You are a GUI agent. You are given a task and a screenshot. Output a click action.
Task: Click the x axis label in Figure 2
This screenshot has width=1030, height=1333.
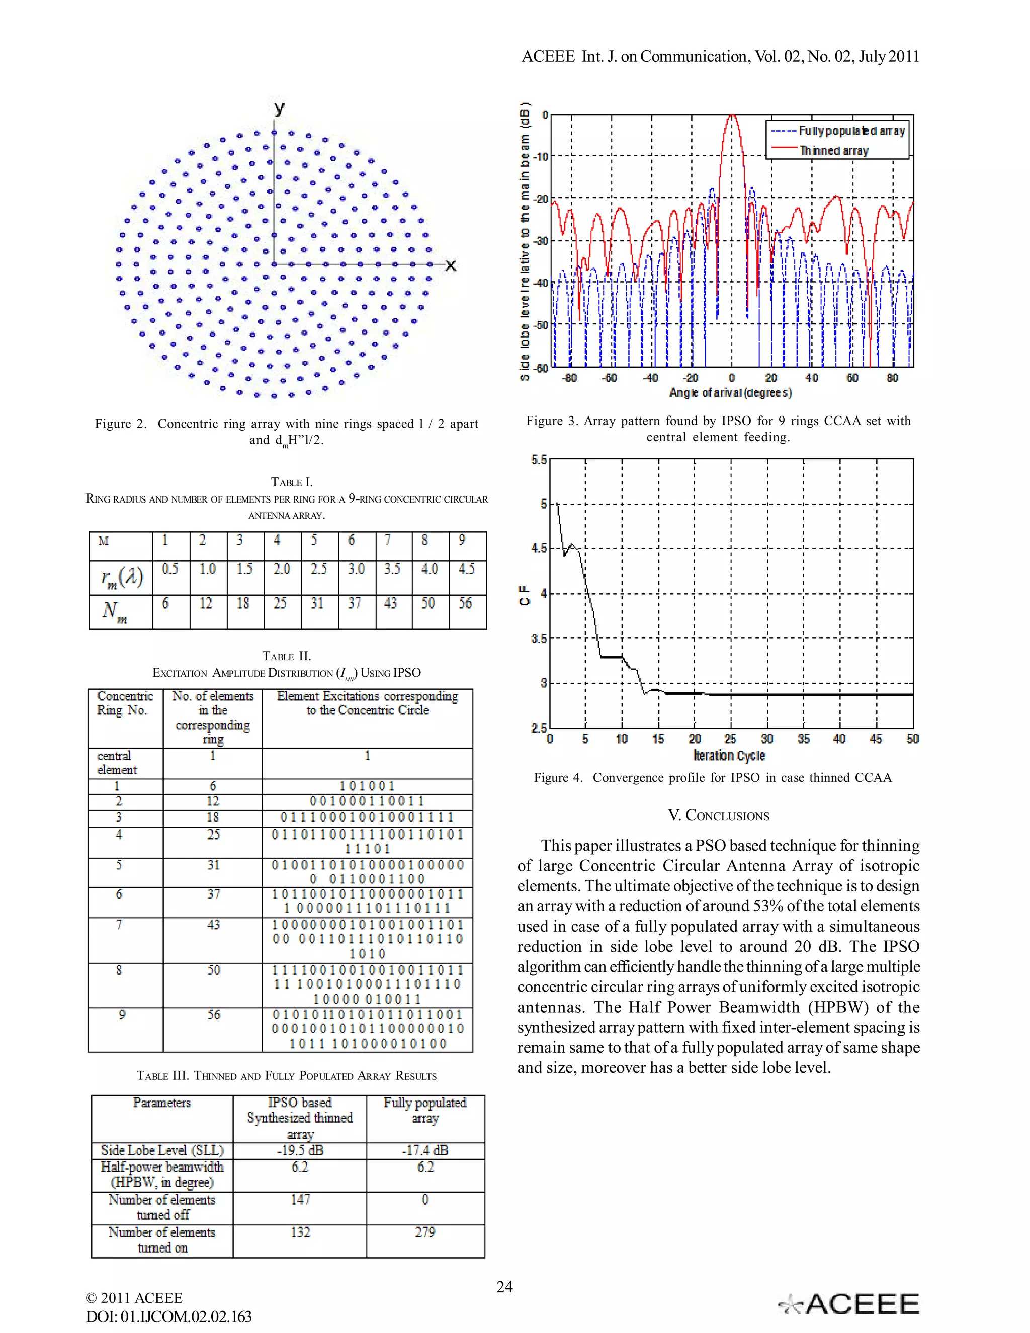(x=450, y=266)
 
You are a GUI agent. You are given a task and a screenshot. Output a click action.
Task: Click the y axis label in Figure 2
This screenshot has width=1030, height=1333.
(x=279, y=109)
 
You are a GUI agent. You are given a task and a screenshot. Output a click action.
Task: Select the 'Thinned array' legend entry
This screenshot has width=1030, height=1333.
(x=833, y=150)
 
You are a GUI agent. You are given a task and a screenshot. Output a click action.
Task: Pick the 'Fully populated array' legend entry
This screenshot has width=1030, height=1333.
(x=851, y=131)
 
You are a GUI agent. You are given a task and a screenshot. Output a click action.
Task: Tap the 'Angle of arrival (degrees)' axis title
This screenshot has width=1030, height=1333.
(x=730, y=392)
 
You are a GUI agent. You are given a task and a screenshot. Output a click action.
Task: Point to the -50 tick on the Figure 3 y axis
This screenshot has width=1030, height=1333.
(x=541, y=325)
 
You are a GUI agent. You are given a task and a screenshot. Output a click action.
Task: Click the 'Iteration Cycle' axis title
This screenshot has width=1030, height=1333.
(x=729, y=755)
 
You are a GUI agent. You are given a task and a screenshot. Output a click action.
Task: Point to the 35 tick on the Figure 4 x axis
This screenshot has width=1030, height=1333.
(x=804, y=739)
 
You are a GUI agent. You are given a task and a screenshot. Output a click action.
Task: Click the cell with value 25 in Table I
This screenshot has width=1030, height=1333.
(x=280, y=603)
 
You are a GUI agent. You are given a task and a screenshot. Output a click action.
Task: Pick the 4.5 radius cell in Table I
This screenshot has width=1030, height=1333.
(x=466, y=569)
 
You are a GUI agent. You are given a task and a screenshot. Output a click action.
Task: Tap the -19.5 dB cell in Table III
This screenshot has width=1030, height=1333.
(x=300, y=1150)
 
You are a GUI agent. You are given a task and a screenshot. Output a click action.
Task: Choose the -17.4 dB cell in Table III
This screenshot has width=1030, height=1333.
(x=425, y=1150)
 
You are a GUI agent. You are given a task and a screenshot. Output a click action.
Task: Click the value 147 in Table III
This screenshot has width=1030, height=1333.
(x=300, y=1199)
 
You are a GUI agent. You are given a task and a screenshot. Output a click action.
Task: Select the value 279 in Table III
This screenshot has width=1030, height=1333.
(x=425, y=1232)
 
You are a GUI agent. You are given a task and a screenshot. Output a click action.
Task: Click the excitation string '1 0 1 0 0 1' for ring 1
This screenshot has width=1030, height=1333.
(x=367, y=786)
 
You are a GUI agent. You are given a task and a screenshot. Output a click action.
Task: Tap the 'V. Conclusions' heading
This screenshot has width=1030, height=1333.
(x=718, y=815)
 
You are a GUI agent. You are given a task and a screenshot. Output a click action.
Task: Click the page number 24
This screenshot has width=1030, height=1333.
(x=504, y=1287)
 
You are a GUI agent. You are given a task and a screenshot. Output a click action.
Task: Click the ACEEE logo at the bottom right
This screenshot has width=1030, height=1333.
(x=849, y=1304)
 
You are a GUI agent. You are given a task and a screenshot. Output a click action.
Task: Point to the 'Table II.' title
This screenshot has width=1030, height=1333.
(x=286, y=656)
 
